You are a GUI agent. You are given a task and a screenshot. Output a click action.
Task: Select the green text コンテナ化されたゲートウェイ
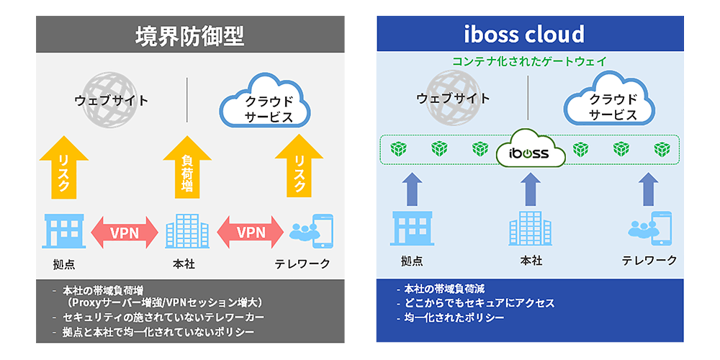pos(529,61)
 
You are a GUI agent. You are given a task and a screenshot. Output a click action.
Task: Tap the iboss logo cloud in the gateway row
pos(529,151)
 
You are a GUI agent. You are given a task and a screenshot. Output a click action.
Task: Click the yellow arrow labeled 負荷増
pos(186,167)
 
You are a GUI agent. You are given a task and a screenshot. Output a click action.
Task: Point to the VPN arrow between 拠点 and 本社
pos(125,233)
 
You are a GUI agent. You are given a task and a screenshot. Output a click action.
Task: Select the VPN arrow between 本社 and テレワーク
pos(251,233)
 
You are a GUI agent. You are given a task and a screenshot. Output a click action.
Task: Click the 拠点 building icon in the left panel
pos(64,231)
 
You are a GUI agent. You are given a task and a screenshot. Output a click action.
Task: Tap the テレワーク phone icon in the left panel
pos(311,230)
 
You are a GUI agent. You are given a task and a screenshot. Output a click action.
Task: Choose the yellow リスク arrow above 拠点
pos(63,167)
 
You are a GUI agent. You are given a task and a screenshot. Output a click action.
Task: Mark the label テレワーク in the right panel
pos(649,261)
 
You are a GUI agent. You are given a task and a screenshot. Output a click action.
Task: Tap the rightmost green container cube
pos(662,149)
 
